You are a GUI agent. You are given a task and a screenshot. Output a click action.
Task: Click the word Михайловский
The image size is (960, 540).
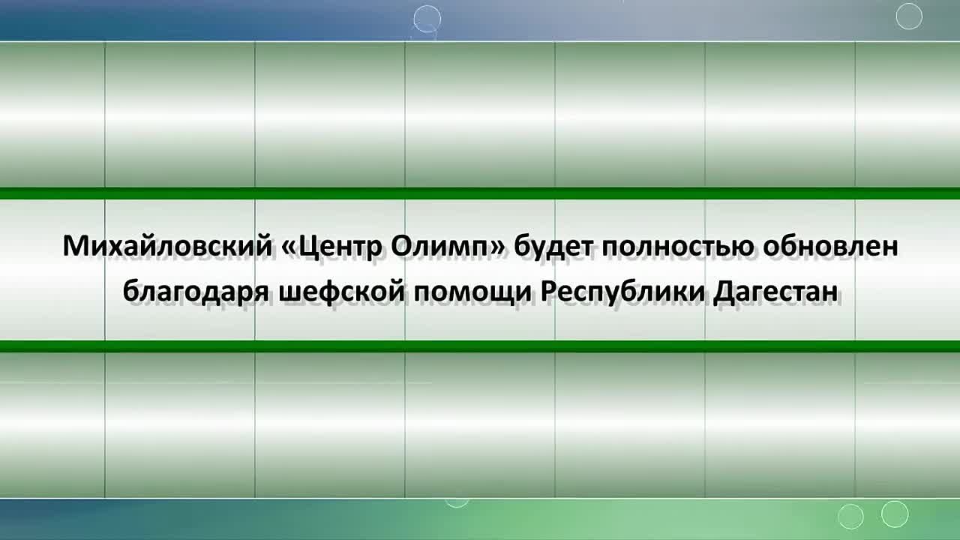pos(167,246)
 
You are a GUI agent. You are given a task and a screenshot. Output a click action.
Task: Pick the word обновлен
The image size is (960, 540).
pos(830,245)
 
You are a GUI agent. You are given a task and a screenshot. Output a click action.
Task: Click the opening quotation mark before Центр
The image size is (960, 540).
pos(289,248)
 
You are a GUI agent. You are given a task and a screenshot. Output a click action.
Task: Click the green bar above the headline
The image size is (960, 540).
pos(480,193)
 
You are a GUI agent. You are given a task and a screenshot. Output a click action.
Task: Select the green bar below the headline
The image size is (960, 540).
pos(480,346)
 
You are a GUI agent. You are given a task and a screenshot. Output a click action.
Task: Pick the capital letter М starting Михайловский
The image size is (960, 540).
pos(76,246)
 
